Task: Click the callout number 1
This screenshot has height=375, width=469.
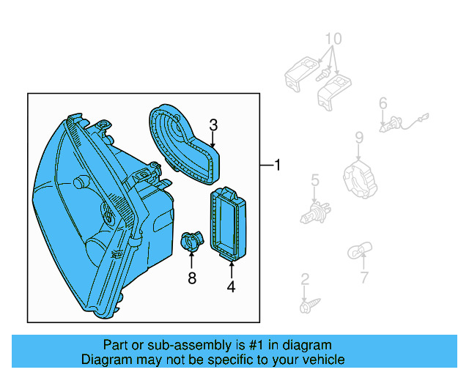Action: click(x=277, y=166)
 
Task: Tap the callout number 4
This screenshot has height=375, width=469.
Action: click(x=231, y=288)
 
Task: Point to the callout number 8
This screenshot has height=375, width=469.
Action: click(x=192, y=278)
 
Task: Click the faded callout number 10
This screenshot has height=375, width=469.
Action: click(x=333, y=38)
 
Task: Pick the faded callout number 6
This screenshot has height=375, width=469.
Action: click(x=383, y=104)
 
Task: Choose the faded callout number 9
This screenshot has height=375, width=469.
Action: click(x=359, y=137)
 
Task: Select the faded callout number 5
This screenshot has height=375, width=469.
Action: click(x=314, y=179)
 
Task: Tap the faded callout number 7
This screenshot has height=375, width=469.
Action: click(x=364, y=278)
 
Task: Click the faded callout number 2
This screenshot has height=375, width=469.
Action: click(x=305, y=279)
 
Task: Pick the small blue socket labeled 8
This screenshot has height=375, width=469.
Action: click(x=191, y=241)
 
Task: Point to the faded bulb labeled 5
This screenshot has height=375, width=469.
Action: click(x=314, y=214)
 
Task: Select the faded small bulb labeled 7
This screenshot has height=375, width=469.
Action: click(x=355, y=253)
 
